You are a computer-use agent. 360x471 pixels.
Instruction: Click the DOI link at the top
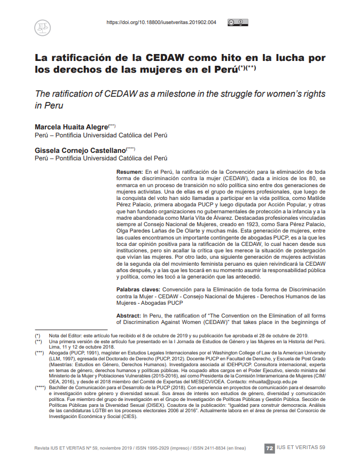point(161,22)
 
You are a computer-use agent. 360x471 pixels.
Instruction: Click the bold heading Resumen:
point(129,171)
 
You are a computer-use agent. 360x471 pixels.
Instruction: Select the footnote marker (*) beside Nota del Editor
point(37,334)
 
